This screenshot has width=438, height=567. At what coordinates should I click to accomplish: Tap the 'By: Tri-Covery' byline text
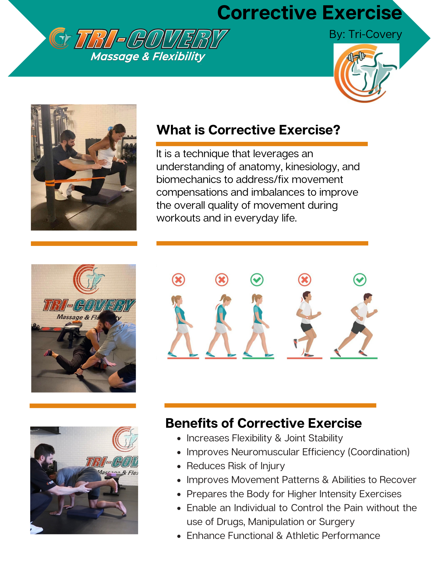365,34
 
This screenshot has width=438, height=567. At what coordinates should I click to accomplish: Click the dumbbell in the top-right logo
356,56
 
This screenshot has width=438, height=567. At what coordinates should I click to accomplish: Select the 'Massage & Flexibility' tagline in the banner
148,57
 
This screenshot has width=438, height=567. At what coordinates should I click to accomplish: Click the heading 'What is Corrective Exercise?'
248,130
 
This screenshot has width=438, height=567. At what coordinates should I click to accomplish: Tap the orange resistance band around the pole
75,180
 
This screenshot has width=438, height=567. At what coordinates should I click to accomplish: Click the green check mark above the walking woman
257,280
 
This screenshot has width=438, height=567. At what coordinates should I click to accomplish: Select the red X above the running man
305,280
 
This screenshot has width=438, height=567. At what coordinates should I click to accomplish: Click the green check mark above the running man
360,280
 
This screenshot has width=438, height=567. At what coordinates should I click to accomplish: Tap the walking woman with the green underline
258,325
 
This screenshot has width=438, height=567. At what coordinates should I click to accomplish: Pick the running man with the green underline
356,325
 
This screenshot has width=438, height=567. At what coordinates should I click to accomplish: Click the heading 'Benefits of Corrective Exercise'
264,423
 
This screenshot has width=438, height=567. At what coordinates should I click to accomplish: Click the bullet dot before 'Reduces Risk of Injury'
179,466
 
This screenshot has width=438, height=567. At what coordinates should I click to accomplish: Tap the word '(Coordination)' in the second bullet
379,452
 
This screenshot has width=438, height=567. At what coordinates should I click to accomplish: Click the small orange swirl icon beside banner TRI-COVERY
60,38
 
